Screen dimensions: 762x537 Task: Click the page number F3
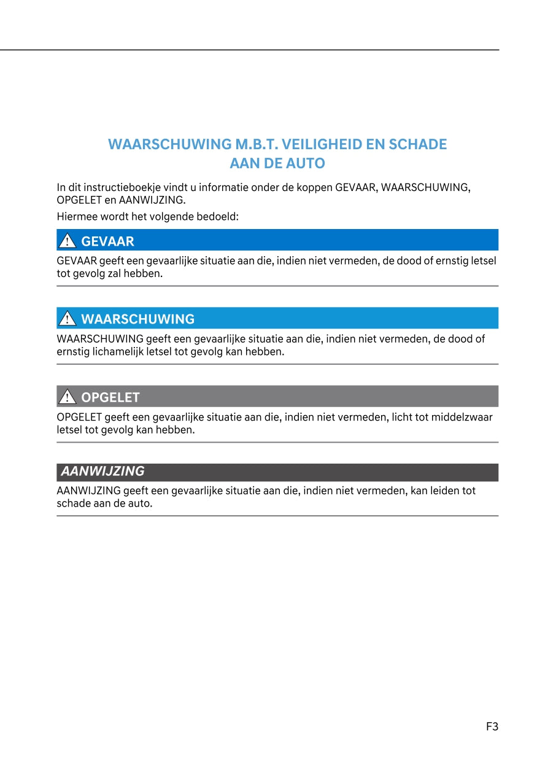click(x=492, y=726)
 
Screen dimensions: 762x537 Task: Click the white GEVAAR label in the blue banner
click(x=107, y=241)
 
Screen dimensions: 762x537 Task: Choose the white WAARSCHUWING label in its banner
click(x=137, y=319)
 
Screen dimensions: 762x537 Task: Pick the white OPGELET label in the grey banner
click(x=110, y=397)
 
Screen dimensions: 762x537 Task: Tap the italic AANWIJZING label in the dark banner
click(x=102, y=472)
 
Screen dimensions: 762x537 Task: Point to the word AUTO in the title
click(x=304, y=164)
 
